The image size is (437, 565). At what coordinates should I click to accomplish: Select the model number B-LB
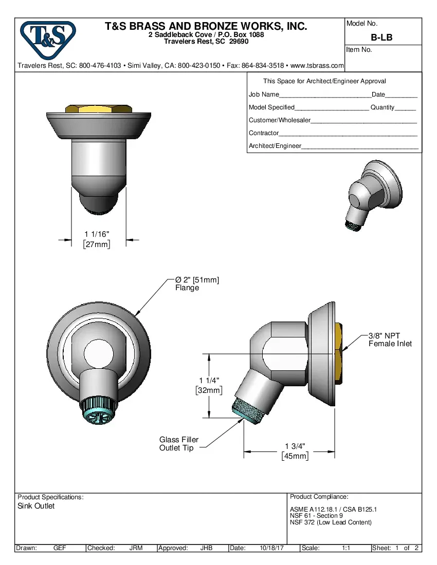[x=381, y=37]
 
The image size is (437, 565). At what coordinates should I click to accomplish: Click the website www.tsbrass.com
[x=317, y=66]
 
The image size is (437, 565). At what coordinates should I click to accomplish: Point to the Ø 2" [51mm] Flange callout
[x=197, y=284]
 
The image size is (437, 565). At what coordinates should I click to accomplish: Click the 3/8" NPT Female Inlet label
[x=390, y=340]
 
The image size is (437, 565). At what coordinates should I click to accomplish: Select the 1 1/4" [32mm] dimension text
[x=209, y=385]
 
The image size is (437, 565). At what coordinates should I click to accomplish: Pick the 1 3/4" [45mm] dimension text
[x=295, y=451]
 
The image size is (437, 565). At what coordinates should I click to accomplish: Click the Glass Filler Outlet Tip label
[x=178, y=444]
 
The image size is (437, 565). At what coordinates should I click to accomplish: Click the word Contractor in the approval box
[x=263, y=133]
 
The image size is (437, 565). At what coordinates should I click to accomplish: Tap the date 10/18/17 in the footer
[x=272, y=548]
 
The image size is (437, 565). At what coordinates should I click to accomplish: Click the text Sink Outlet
[x=36, y=506]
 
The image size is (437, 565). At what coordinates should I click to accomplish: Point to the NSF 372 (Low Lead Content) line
[x=331, y=522]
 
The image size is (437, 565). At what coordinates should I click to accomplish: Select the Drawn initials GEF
[x=60, y=548]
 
